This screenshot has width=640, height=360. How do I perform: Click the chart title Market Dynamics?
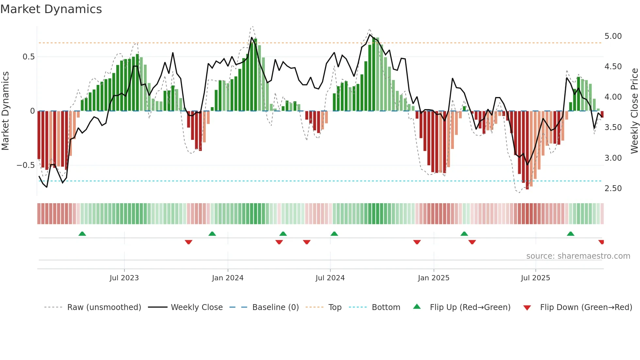(x=51, y=9)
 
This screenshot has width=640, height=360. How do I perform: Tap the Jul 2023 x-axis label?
(x=124, y=278)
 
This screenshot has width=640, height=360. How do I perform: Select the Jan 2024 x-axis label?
(x=228, y=278)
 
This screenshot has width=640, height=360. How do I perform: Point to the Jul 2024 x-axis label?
(x=330, y=278)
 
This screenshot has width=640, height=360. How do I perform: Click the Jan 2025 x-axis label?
(x=433, y=278)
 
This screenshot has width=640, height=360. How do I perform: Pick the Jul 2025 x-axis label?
(x=535, y=278)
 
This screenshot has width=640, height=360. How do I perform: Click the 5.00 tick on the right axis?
(x=613, y=36)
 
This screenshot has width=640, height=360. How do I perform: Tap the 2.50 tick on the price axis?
(x=613, y=188)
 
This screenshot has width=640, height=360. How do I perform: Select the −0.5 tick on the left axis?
(x=25, y=165)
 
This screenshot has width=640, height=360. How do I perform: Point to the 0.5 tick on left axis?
(x=28, y=57)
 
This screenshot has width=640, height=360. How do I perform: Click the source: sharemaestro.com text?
(x=578, y=256)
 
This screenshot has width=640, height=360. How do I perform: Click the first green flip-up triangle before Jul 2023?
(x=82, y=234)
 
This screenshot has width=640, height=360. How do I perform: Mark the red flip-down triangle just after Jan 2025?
(x=472, y=242)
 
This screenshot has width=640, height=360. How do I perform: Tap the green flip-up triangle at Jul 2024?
(x=334, y=234)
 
